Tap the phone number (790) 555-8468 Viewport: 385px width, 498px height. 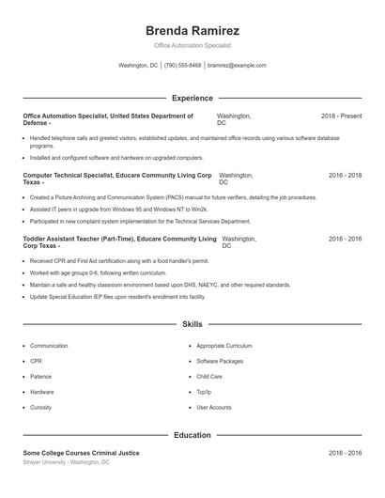(182, 66)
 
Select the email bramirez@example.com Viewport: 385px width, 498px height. (237, 66)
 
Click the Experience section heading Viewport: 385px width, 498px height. (192, 98)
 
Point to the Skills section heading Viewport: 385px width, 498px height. (192, 324)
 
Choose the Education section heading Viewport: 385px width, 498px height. (192, 435)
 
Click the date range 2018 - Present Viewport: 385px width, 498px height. (341, 116)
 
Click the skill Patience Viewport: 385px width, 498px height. (41, 376)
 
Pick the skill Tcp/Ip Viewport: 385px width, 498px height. (205, 392)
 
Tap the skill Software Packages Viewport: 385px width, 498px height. (220, 361)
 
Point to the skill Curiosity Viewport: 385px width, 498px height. (40, 407)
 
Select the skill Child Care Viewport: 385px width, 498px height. (209, 376)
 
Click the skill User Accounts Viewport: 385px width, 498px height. (214, 407)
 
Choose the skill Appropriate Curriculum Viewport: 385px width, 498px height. (224, 346)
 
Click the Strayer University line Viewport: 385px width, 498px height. (67, 462)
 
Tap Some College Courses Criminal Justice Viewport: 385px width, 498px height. (82, 453)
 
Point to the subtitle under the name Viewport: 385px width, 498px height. (192, 45)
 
